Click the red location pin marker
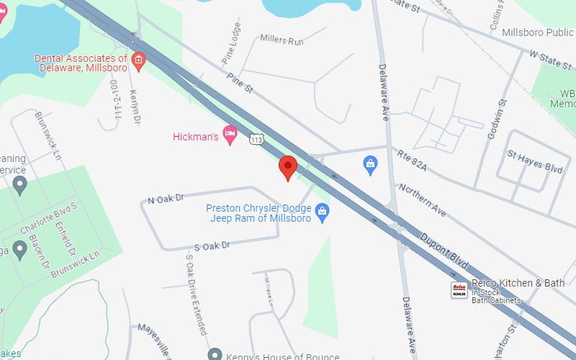[x=288, y=167]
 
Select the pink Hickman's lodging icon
[x=230, y=135]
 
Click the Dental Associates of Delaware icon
[x=138, y=60]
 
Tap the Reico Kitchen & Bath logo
[x=459, y=290]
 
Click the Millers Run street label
[x=282, y=40]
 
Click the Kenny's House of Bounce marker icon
[x=215, y=354]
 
